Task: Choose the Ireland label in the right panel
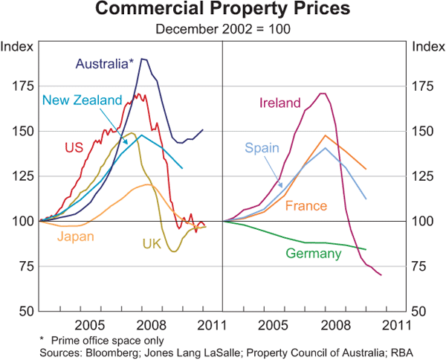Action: (x=279, y=103)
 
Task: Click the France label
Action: (x=307, y=203)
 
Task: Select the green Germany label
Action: (x=314, y=254)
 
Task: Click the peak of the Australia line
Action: (x=143, y=59)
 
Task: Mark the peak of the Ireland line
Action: (x=322, y=93)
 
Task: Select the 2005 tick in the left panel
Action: (x=90, y=325)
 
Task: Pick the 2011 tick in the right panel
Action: (x=392, y=325)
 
